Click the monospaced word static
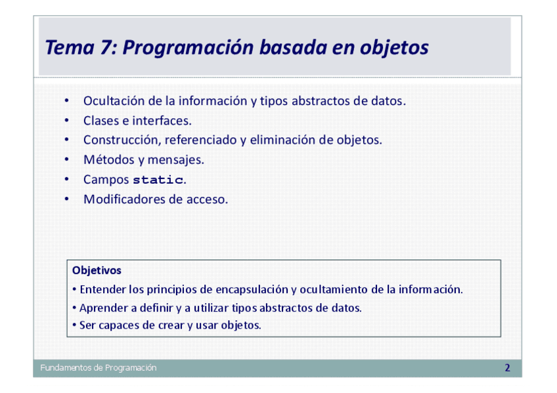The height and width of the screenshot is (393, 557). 158,180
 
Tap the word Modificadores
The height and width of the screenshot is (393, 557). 124,199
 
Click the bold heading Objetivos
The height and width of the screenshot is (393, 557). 97,270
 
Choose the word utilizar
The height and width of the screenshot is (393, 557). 211,308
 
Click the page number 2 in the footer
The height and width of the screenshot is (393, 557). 507,368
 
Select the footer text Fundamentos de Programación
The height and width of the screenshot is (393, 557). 99,368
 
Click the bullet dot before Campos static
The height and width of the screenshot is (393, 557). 67,179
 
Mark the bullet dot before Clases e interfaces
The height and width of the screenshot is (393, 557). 67,120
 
